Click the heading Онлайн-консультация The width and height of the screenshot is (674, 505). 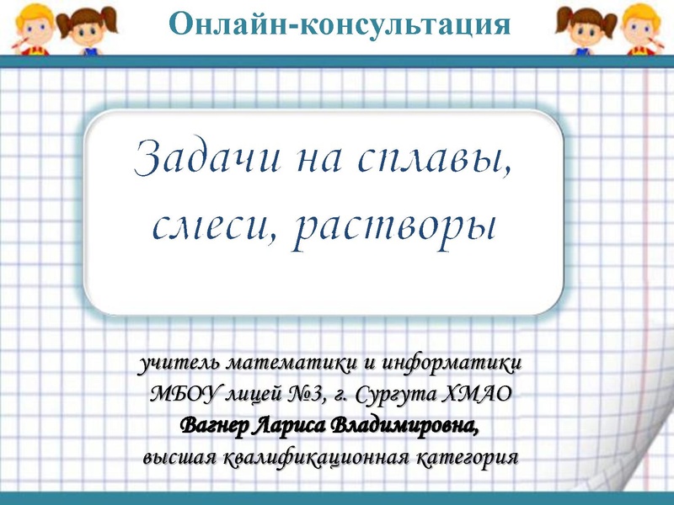[340, 23]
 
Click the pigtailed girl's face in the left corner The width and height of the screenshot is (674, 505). [84, 28]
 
